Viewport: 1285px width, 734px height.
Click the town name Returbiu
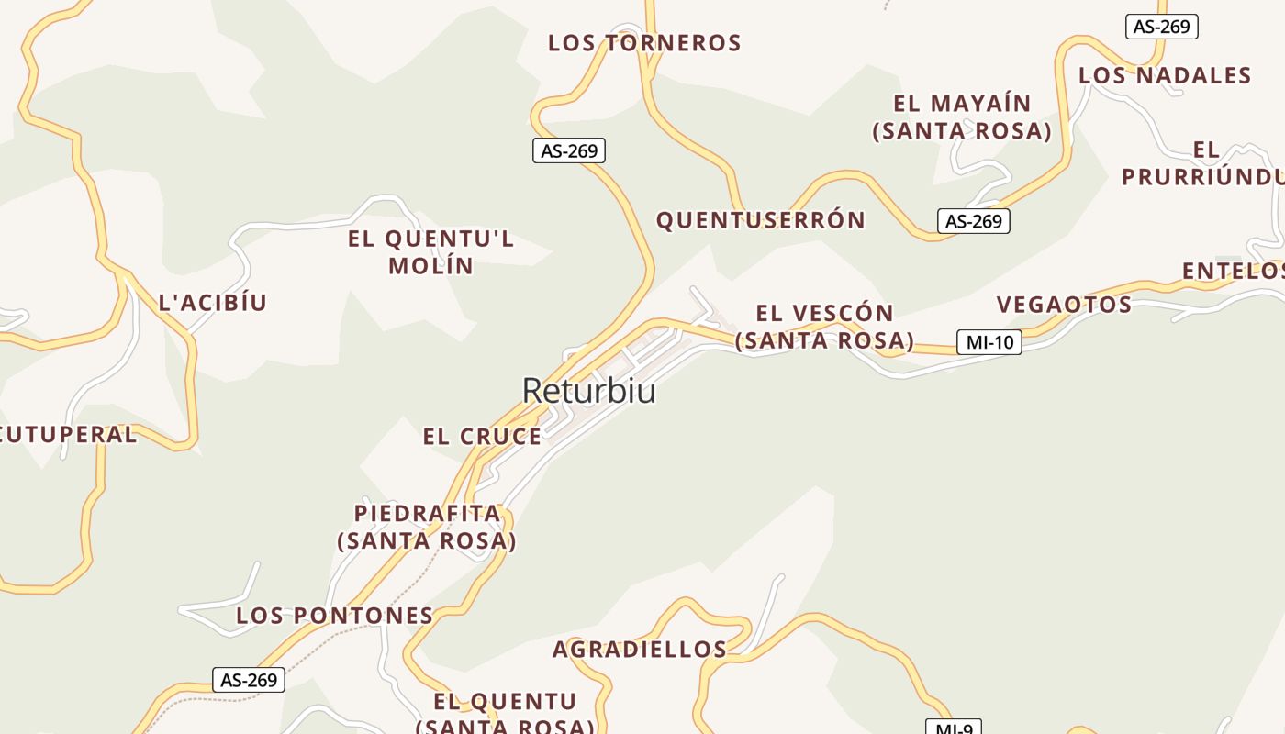(x=588, y=391)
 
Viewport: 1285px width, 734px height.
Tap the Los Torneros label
(x=644, y=43)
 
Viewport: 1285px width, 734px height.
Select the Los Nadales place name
(x=1165, y=75)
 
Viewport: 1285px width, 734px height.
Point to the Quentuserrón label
(x=760, y=220)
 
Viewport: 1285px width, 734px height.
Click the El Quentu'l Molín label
(x=430, y=252)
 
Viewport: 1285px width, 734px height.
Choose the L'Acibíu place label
(x=212, y=303)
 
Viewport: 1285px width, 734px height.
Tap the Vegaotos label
(x=1064, y=305)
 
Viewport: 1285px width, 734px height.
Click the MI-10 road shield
(x=989, y=342)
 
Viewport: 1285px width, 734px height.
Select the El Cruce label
(x=482, y=437)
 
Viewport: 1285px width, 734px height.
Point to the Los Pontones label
(x=334, y=616)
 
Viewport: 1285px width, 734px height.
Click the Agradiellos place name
(x=639, y=650)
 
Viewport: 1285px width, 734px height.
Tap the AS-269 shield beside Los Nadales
(x=1161, y=27)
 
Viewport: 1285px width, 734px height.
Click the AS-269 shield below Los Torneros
(x=569, y=150)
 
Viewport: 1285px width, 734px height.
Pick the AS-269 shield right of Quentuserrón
(x=973, y=221)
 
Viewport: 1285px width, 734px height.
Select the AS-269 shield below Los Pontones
(x=249, y=680)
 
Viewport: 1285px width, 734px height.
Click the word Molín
(x=430, y=266)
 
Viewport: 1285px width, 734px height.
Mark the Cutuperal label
(x=67, y=435)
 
